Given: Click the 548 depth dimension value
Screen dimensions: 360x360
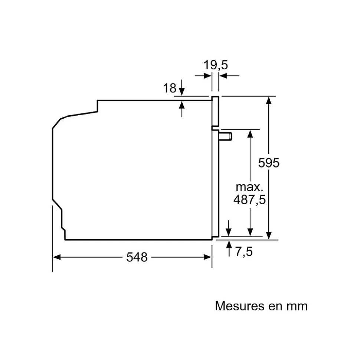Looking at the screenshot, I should tap(137, 257).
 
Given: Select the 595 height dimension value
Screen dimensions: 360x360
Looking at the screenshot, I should tap(269, 163).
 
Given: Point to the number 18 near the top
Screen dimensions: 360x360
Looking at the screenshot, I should tap(169, 88).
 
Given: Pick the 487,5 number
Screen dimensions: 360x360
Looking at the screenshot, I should tap(249, 200).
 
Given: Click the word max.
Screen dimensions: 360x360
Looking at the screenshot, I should tap(249, 186).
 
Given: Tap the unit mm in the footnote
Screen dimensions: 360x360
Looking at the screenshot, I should tap(297, 306).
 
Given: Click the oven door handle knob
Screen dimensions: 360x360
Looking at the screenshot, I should tap(226, 136).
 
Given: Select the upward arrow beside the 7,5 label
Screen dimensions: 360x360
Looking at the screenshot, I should tap(229, 244).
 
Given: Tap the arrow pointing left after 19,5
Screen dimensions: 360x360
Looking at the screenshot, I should tap(223, 76).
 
